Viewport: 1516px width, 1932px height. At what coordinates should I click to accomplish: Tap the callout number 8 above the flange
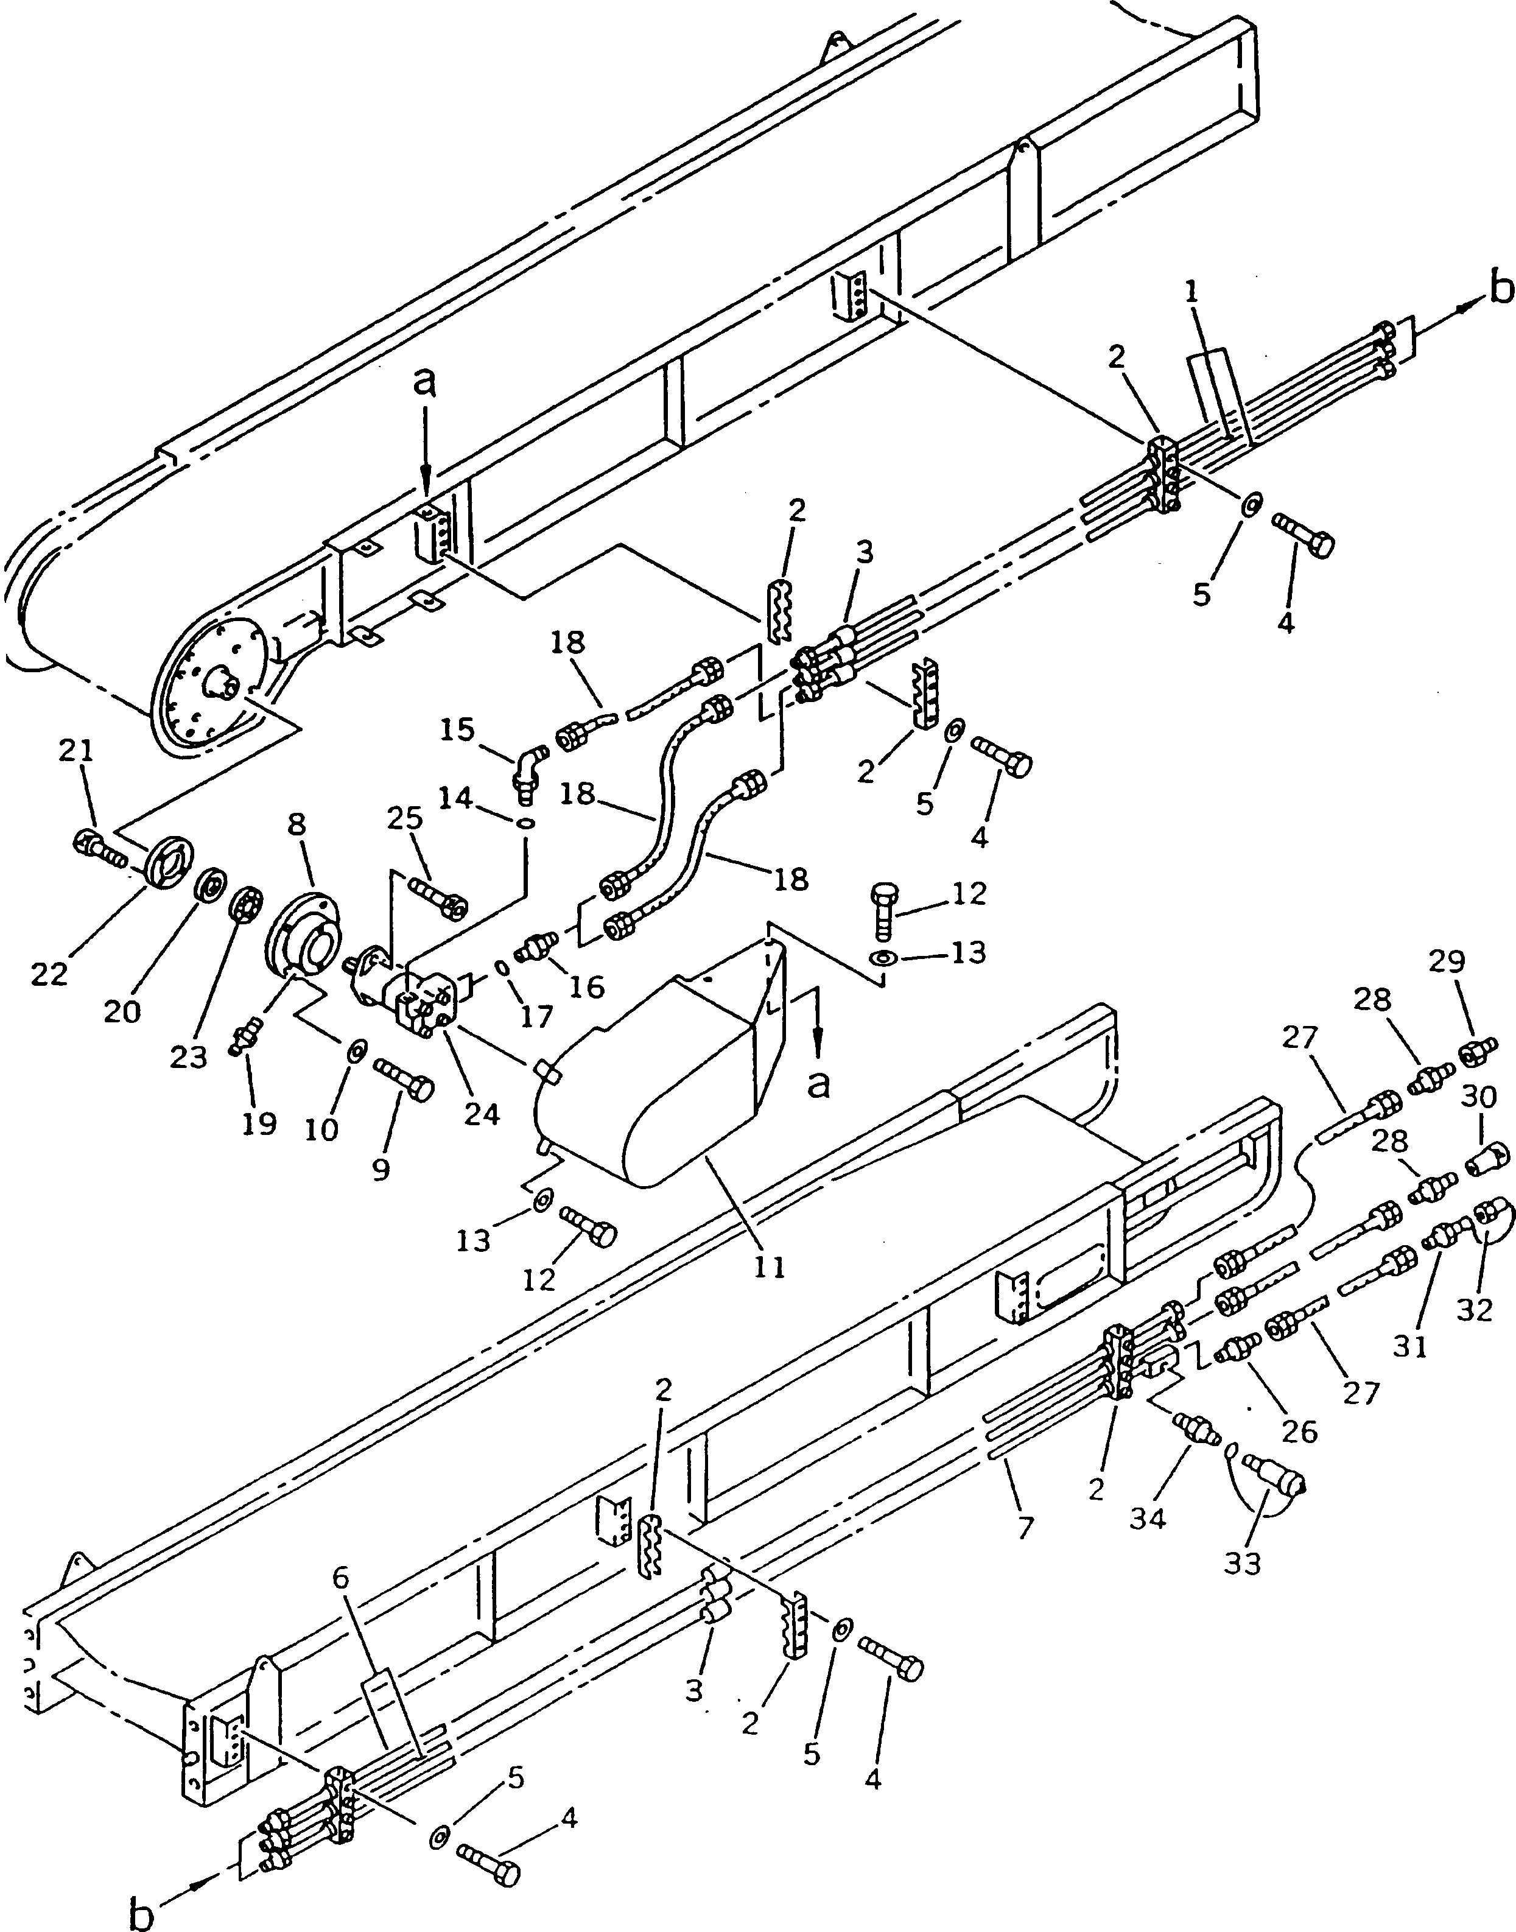point(297,824)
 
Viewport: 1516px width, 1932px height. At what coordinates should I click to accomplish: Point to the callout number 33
point(1243,1564)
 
